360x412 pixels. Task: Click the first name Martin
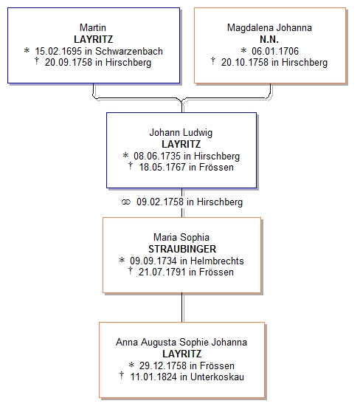coord(93,27)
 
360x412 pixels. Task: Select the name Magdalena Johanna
coord(269,27)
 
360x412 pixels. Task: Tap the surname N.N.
coord(269,39)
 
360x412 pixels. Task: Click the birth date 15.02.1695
coord(58,51)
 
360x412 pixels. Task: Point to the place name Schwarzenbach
coord(129,51)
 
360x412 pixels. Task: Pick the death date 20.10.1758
coord(245,62)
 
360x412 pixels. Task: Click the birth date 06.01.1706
coord(275,51)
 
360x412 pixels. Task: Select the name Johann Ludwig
coord(181,132)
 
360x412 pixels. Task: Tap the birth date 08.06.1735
coord(157,156)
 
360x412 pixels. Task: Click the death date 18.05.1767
coord(162,167)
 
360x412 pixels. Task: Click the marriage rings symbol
coord(126,202)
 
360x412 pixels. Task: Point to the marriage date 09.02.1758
coord(160,202)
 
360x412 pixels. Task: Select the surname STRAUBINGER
coord(182,249)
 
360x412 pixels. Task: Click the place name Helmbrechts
coord(217,261)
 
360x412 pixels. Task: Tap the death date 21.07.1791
coord(162,272)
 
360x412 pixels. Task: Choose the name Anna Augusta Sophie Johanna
coord(181,343)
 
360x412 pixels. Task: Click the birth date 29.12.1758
coord(163,365)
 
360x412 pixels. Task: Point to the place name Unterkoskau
coord(217,377)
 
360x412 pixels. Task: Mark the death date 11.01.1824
coord(153,377)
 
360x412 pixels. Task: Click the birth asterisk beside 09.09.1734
coord(122,260)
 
